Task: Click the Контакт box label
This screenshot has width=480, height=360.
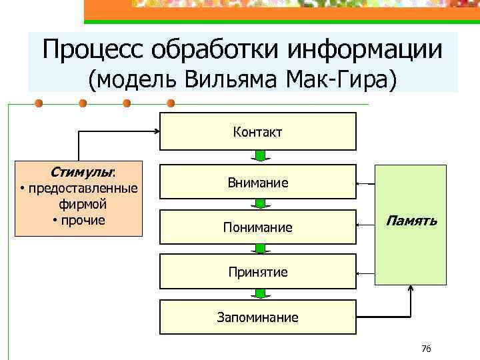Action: (x=257, y=132)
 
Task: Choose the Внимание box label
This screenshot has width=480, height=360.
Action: (x=257, y=183)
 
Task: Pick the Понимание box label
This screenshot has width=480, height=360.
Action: (x=257, y=228)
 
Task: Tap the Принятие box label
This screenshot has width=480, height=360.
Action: (x=257, y=272)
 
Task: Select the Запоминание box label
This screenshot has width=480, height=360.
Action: (x=257, y=317)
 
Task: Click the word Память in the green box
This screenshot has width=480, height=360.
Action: (x=411, y=221)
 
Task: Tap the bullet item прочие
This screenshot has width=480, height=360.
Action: (x=83, y=220)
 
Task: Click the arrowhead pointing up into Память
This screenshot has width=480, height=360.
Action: (x=411, y=289)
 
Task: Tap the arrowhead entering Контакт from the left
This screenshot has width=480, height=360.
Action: (x=156, y=131)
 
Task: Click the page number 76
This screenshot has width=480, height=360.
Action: (x=427, y=349)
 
